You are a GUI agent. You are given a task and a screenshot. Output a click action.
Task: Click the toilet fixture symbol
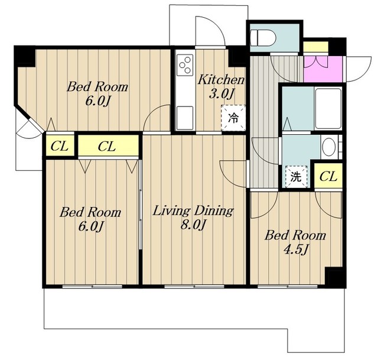pos(263,38)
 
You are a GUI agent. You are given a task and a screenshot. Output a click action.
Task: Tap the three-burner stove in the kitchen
pos(185,64)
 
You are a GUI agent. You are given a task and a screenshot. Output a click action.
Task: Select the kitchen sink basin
pos(185,118)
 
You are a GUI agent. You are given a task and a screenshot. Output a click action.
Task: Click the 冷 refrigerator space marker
pos(233,118)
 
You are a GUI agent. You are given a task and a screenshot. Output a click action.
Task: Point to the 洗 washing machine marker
pos(296,177)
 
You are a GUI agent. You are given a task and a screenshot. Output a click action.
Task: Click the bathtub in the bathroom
pos(328,109)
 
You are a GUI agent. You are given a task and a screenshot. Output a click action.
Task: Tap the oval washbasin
pos(329,147)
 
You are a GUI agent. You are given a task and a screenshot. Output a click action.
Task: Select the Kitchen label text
pos(221,80)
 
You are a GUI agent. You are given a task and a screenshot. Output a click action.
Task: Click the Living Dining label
pos(193,210)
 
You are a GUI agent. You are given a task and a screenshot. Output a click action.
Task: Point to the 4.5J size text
pos(296,249)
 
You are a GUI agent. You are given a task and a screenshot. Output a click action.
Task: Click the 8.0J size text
pos(193,225)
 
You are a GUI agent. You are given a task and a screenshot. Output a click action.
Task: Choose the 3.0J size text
pos(221,94)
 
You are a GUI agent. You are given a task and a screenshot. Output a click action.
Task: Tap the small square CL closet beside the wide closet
pos(60,146)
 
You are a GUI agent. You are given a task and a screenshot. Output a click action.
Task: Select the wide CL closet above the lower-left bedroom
pos(108,145)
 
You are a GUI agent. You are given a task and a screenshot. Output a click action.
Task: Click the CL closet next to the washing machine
pos(328,176)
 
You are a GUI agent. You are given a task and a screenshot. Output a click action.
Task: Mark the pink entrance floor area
pos(323,69)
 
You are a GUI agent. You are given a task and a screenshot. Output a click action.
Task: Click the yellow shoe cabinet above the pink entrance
pos(316,47)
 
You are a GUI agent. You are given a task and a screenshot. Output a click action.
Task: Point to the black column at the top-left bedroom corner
pos(25,57)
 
